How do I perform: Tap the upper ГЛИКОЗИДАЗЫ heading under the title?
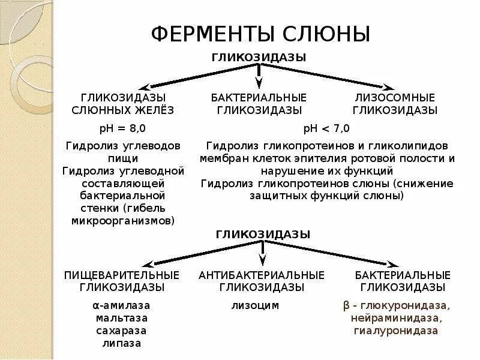point(259,57)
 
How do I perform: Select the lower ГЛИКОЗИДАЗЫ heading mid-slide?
point(263,235)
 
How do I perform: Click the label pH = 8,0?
point(122,128)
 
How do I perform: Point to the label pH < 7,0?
point(326,128)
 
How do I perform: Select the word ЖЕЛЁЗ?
point(155,110)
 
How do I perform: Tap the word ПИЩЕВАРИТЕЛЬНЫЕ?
point(122,275)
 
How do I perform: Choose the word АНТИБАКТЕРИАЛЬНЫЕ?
point(262,275)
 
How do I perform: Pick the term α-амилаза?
point(122,305)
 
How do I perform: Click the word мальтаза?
point(122,318)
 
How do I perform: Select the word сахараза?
point(122,331)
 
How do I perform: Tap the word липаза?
point(122,343)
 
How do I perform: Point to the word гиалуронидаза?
point(395,331)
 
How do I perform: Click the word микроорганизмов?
point(122,220)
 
